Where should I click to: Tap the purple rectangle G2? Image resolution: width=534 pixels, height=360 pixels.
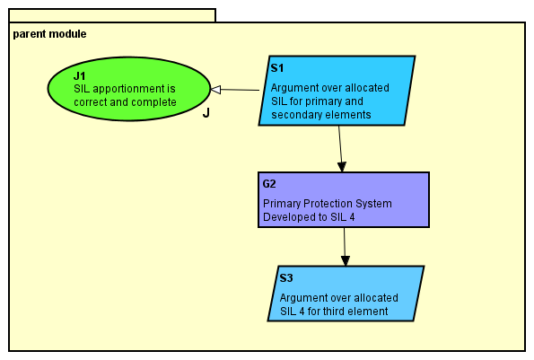pyautogui.click(x=343, y=199)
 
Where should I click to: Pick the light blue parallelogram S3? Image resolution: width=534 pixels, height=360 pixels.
pyautogui.click(x=346, y=293)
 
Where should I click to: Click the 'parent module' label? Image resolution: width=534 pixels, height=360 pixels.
pyautogui.click(x=49, y=34)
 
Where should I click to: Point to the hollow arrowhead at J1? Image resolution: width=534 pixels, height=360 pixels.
pyautogui.click(x=215, y=89)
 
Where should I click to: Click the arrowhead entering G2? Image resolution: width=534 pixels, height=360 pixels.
pyautogui.click(x=342, y=166)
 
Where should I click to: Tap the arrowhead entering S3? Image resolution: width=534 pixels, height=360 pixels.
pyautogui.click(x=346, y=260)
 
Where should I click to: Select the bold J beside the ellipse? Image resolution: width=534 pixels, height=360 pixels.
pyautogui.click(x=206, y=113)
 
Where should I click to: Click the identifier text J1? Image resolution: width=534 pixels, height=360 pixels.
pyautogui.click(x=80, y=76)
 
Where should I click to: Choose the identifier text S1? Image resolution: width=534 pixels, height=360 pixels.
pyautogui.click(x=277, y=68)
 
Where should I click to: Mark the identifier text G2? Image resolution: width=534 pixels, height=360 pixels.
pyautogui.click(x=270, y=184)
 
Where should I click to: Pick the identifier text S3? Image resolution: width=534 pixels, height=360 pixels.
pyautogui.click(x=286, y=278)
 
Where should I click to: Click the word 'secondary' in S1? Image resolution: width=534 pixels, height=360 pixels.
pyautogui.click(x=297, y=115)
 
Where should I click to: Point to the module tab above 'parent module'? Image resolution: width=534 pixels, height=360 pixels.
pyautogui.click(x=112, y=15)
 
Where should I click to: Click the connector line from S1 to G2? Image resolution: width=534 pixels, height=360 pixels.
pyautogui.click(x=340, y=144)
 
